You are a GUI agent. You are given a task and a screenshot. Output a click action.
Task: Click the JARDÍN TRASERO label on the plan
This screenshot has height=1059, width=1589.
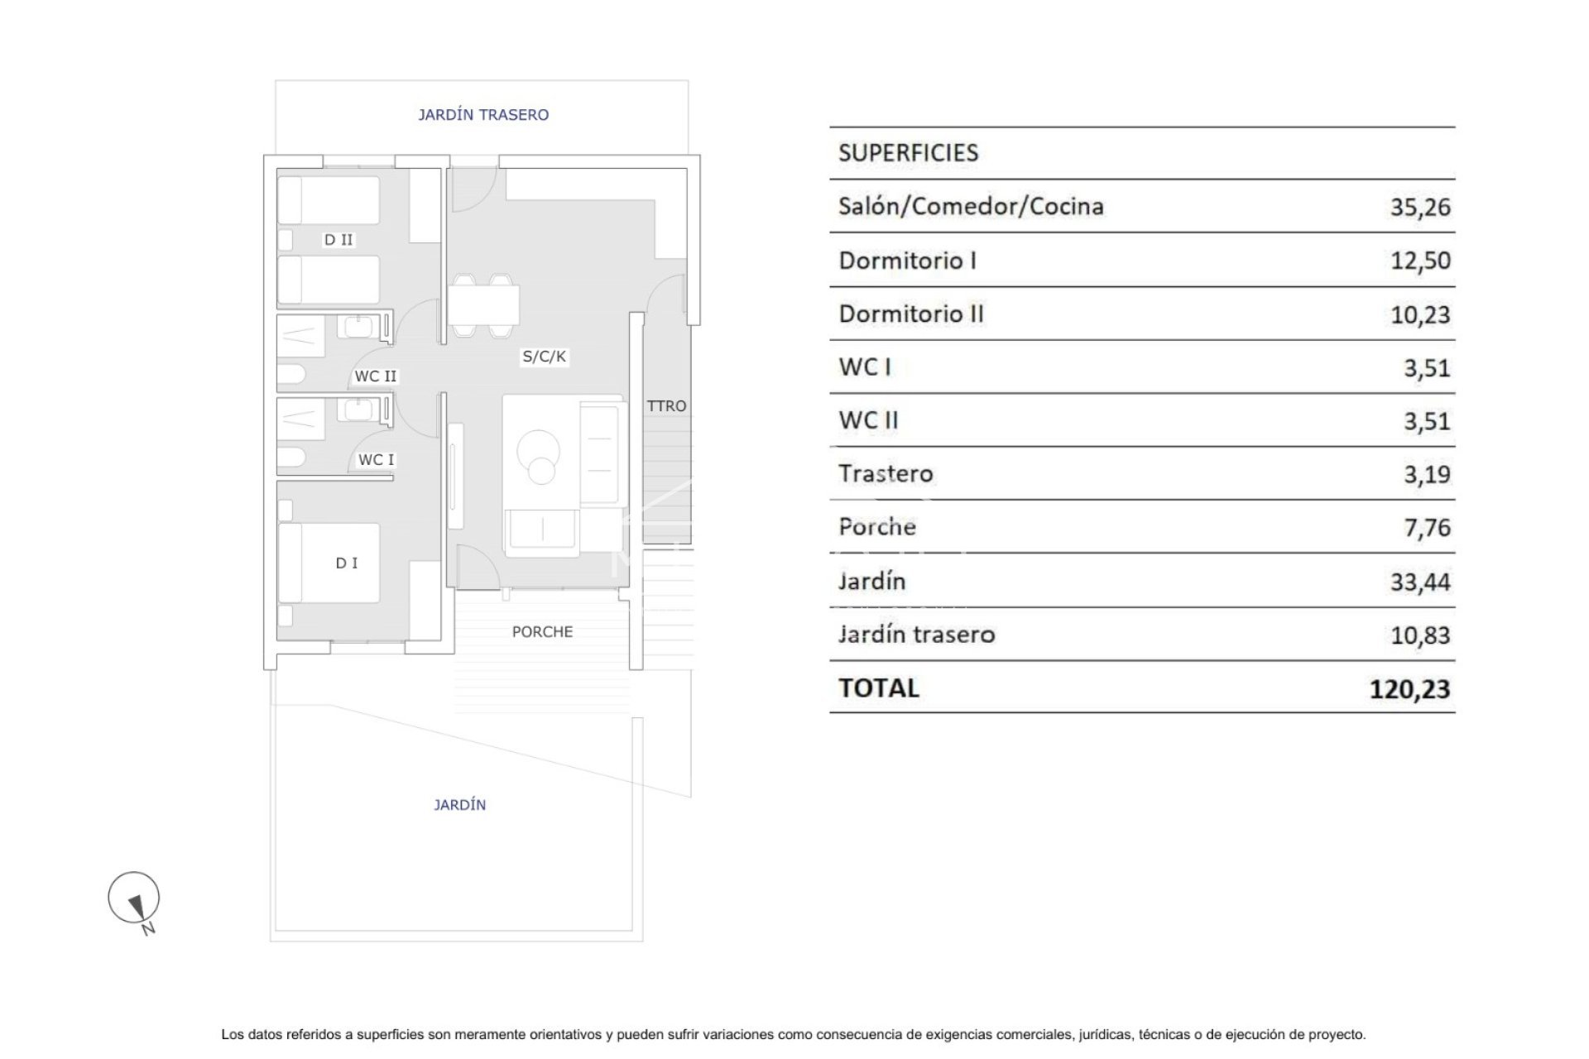[482, 115]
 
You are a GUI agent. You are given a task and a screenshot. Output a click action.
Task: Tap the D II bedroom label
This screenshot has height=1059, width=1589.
[338, 240]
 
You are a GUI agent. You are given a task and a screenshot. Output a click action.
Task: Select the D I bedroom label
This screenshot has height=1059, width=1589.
[347, 563]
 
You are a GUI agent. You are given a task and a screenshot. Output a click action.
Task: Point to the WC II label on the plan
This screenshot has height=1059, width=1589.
[376, 376]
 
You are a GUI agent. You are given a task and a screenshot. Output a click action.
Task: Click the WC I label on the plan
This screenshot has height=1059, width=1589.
[377, 460]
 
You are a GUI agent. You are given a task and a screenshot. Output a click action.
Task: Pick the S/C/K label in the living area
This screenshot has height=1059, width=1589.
[544, 357]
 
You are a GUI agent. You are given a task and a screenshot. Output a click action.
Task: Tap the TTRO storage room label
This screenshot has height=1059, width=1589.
[666, 406]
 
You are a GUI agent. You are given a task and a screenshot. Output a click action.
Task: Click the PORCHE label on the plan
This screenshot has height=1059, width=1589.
[542, 632]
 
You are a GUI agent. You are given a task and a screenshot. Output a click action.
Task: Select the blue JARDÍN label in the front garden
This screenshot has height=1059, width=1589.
[459, 805]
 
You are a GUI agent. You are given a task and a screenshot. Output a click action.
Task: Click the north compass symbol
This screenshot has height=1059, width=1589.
[134, 898]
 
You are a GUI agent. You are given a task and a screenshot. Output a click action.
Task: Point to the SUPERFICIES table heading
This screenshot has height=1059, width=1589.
[908, 153]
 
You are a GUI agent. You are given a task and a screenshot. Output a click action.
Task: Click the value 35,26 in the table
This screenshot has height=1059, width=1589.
[1420, 207]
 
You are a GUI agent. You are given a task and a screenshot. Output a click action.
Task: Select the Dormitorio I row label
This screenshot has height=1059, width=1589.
[907, 261]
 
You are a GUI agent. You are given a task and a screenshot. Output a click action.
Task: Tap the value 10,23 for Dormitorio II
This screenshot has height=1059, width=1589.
[1420, 314]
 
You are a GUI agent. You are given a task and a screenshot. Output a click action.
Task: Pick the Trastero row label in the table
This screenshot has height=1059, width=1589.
[886, 473]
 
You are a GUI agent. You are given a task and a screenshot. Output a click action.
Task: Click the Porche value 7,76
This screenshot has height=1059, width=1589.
[1427, 527]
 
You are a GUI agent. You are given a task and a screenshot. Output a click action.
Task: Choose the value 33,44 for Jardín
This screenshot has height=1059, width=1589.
[1420, 582]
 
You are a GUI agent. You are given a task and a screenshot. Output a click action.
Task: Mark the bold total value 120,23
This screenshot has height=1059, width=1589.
[1409, 688]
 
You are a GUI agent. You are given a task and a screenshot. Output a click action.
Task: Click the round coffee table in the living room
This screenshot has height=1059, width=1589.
[539, 455]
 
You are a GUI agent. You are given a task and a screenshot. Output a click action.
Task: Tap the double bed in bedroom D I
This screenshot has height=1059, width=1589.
[329, 563]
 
